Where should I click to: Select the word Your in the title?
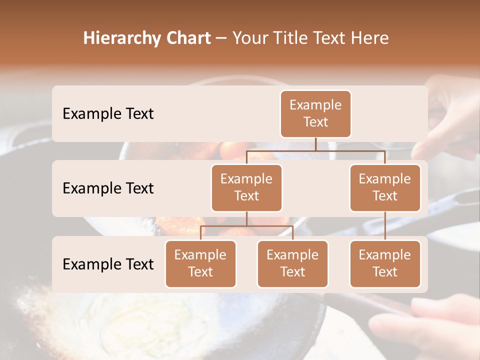click(x=250, y=38)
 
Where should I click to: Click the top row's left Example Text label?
click(x=108, y=114)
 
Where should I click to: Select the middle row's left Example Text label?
click(x=108, y=188)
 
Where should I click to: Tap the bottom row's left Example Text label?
click(x=108, y=264)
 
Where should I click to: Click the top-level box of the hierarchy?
click(x=315, y=114)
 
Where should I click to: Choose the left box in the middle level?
click(x=246, y=188)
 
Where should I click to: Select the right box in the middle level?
click(x=385, y=188)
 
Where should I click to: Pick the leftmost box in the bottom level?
click(x=200, y=264)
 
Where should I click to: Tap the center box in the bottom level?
click(x=292, y=264)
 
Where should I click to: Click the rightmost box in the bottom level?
click(x=385, y=264)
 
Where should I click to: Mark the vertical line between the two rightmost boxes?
click(x=385, y=225)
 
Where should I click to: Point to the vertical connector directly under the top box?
click(x=315, y=144)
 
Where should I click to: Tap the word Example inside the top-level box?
click(x=315, y=105)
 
